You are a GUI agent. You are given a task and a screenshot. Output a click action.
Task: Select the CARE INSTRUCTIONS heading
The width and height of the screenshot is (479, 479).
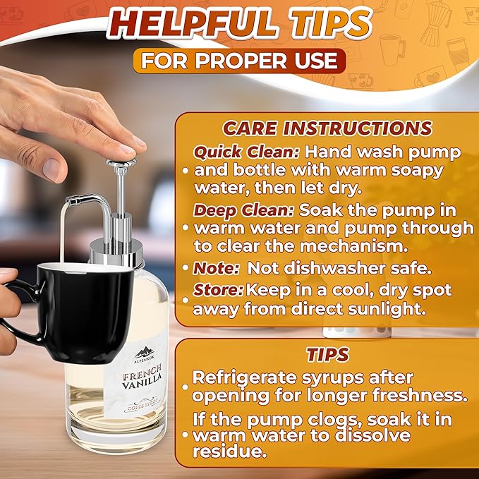327,128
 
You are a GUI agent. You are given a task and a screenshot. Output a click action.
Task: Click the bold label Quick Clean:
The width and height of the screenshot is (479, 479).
236,152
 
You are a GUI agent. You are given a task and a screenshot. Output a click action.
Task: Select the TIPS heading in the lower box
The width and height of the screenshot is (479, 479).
327,353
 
